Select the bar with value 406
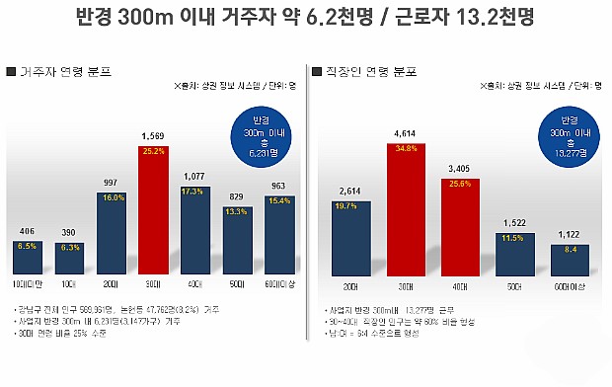pyautogui.click(x=28, y=257)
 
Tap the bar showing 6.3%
pyautogui.click(x=69, y=257)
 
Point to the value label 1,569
pyautogui.click(x=153, y=135)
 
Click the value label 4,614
pyautogui.click(x=402, y=130)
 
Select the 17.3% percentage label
pyautogui.click(x=194, y=191)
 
